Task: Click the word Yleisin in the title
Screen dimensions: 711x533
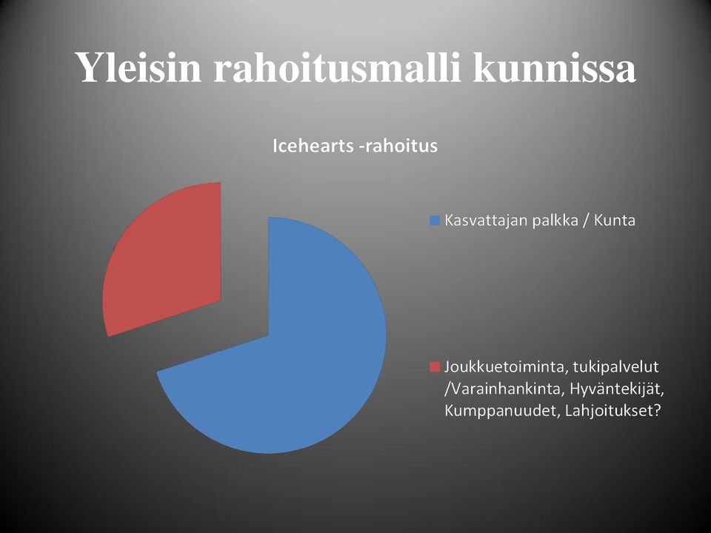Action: click(x=140, y=67)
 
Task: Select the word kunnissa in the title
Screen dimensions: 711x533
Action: click(x=554, y=67)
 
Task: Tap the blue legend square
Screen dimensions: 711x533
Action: click(x=435, y=221)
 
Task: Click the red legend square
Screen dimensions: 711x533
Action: click(x=435, y=366)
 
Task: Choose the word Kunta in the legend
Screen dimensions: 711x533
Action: click(x=615, y=221)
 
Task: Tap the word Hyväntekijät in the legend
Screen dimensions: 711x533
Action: click(x=617, y=389)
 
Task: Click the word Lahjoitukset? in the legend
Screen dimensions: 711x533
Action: click(x=613, y=411)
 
